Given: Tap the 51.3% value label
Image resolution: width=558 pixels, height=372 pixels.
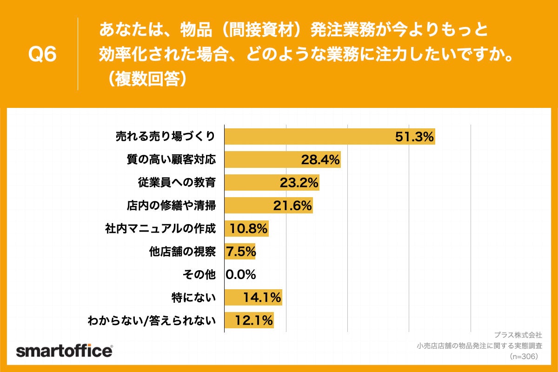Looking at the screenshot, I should pyautogui.click(x=414, y=137).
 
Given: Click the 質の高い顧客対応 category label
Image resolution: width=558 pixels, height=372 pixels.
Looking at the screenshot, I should pyautogui.click(x=172, y=160).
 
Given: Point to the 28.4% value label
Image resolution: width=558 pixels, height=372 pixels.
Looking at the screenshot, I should pyautogui.click(x=320, y=160).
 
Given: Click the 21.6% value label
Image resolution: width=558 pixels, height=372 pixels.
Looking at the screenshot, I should pyautogui.click(x=292, y=206).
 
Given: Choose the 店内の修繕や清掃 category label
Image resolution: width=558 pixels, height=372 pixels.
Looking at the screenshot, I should pyautogui.click(x=172, y=206).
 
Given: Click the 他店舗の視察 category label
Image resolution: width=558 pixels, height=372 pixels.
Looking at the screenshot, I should pyautogui.click(x=182, y=252).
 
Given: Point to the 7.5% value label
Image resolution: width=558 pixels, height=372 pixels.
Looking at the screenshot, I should pyautogui.click(x=241, y=252).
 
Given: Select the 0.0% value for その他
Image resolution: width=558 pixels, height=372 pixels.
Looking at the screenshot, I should pyautogui.click(x=241, y=275).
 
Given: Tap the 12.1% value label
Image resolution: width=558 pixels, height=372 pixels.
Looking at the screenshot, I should pyautogui.click(x=254, y=320).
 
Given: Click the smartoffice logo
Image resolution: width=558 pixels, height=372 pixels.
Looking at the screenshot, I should pyautogui.click(x=64, y=351).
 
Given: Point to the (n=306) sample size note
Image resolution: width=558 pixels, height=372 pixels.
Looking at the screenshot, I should pyautogui.click(x=524, y=356).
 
